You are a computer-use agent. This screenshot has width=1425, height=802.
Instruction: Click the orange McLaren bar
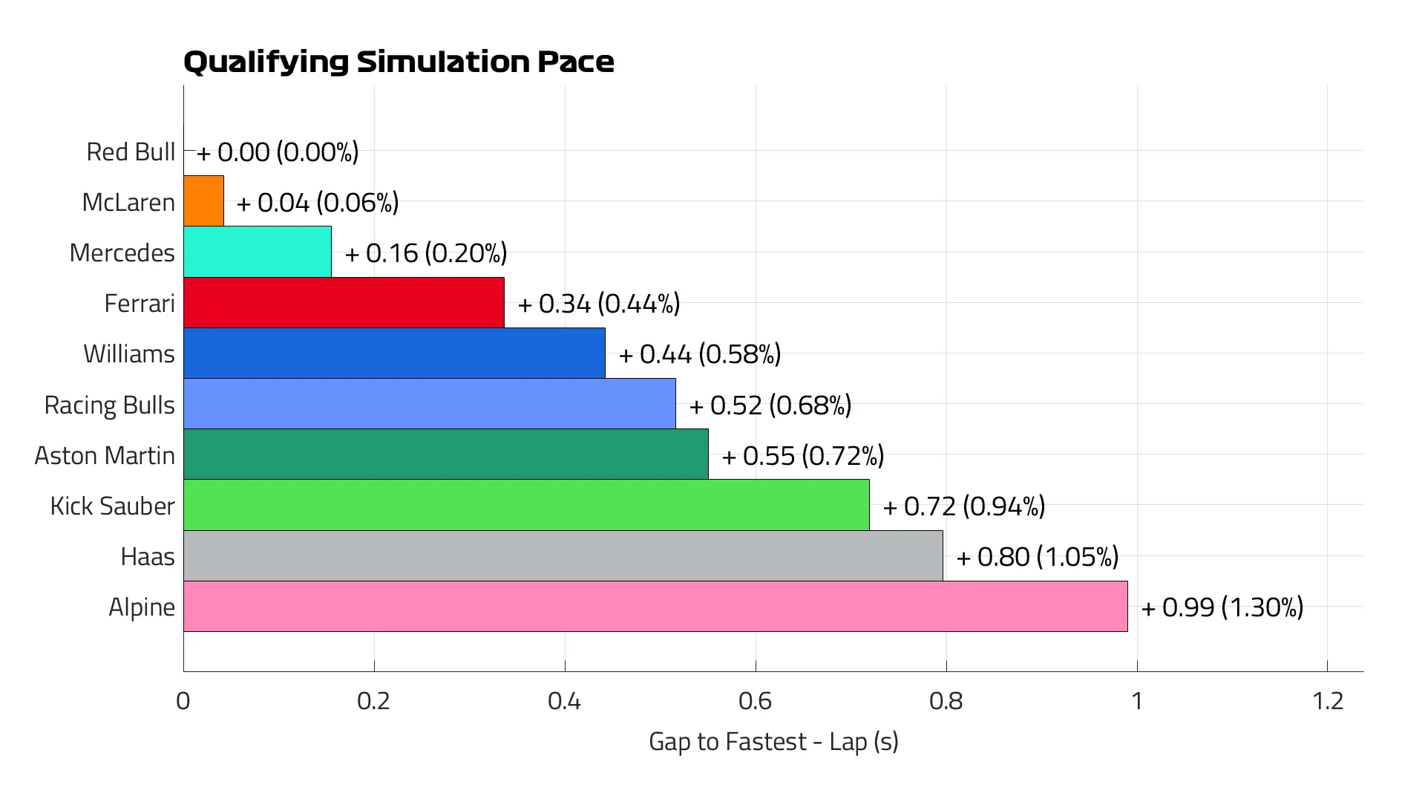point(203,201)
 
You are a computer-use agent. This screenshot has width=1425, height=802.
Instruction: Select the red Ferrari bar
point(344,303)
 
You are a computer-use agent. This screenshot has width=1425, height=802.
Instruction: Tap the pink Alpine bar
point(655,607)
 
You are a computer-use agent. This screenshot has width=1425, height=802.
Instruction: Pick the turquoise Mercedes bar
point(258,252)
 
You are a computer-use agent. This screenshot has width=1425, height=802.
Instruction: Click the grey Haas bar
point(563,556)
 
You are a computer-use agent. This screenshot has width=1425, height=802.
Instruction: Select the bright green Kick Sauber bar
point(526,506)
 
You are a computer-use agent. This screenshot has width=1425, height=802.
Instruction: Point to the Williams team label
point(129,354)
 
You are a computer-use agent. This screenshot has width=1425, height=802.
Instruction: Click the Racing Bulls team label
point(110,405)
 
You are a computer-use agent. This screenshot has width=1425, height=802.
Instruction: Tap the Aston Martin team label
point(105,456)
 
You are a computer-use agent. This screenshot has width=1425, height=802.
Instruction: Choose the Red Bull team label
point(131,152)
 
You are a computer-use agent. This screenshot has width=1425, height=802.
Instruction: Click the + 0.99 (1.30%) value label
point(1222,607)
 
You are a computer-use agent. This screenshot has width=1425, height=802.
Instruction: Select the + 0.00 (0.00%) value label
point(278,152)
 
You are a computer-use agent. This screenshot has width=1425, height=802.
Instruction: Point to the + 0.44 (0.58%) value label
point(700,354)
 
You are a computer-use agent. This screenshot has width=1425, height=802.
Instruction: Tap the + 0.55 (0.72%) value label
point(803,456)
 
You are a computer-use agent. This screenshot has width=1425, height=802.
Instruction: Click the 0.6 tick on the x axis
point(755,701)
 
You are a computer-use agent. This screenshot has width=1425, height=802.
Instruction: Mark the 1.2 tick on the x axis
point(1327,701)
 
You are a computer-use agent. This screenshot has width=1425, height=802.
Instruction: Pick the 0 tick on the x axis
point(183,701)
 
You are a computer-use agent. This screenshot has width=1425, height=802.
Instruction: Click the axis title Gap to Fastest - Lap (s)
point(773,741)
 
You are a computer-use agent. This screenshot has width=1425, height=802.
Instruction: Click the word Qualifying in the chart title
point(266,62)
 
